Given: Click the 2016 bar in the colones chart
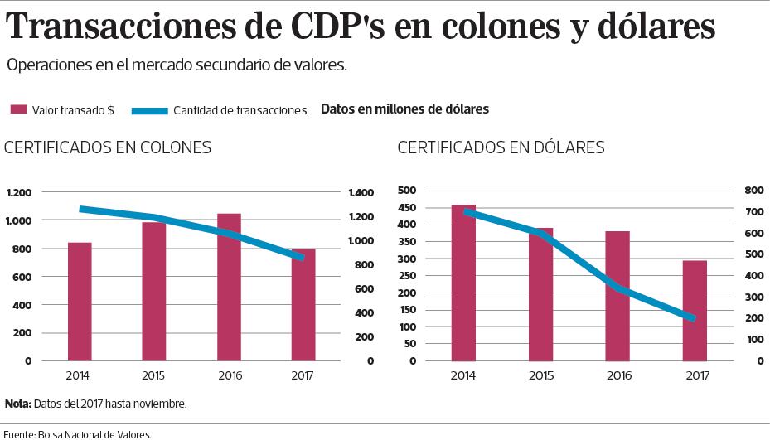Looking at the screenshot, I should pyautogui.click(x=229, y=288).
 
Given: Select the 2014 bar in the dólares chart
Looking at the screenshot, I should pyautogui.click(x=463, y=283).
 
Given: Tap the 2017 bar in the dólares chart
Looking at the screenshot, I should pyautogui.click(x=695, y=311).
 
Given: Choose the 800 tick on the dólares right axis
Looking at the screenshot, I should pyautogui.click(x=753, y=191).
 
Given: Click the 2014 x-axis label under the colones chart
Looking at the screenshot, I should pyautogui.click(x=79, y=376).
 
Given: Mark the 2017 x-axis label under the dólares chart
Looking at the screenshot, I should pyautogui.click(x=697, y=376).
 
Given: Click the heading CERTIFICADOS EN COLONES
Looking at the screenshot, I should pyautogui.click(x=108, y=148).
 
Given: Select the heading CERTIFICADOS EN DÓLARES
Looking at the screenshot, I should pyautogui.click(x=501, y=148).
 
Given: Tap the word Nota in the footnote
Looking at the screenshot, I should pyautogui.click(x=17, y=404).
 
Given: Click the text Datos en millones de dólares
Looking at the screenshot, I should pyautogui.click(x=404, y=109).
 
